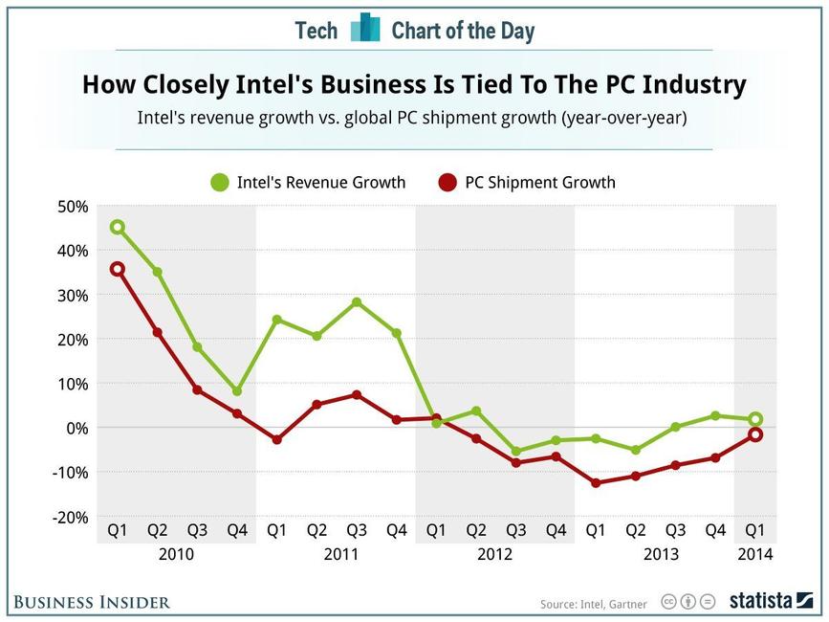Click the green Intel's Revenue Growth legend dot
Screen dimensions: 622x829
(x=220, y=182)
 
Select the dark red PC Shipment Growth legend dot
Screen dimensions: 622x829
(x=447, y=182)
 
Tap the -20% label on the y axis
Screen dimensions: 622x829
(x=70, y=517)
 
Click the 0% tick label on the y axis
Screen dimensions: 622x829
(x=76, y=428)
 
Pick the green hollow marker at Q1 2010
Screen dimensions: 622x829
(x=117, y=227)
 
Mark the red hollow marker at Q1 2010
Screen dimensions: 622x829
(x=117, y=269)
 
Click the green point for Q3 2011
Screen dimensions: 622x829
(x=357, y=302)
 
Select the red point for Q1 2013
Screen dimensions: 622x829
(x=596, y=483)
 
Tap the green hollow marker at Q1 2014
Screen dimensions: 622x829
(x=755, y=419)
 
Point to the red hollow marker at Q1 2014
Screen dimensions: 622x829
(x=755, y=434)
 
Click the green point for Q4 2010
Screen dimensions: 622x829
(x=236, y=391)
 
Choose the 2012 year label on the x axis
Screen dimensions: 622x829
(x=494, y=554)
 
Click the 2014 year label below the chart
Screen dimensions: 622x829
(x=755, y=554)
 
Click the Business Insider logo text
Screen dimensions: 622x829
(x=92, y=602)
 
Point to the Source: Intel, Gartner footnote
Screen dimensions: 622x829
(x=593, y=604)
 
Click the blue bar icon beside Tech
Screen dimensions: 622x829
(x=364, y=29)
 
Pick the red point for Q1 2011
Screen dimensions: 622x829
(x=276, y=439)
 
